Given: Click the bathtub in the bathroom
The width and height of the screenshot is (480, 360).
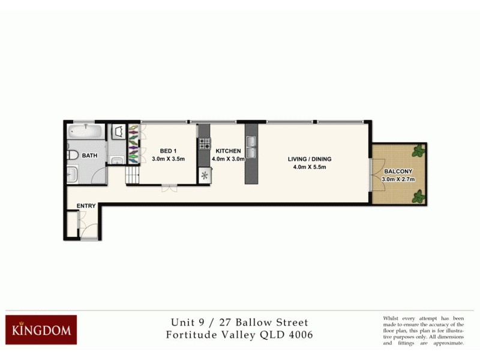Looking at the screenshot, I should (x=86, y=132).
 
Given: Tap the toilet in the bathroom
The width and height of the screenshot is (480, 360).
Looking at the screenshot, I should (x=72, y=155).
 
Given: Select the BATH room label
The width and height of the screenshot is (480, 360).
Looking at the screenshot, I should (x=90, y=155).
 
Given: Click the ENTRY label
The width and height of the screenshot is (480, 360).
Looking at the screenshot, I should (x=86, y=206).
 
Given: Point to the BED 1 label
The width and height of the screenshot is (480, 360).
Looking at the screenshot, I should (x=167, y=151).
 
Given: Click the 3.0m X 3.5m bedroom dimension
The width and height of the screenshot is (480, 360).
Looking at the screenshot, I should (x=167, y=159).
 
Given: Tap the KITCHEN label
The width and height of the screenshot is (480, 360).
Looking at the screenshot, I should (x=228, y=151).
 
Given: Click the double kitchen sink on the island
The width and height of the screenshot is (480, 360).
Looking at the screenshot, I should (x=250, y=147).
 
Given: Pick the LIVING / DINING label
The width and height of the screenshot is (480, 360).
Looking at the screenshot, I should (x=310, y=159).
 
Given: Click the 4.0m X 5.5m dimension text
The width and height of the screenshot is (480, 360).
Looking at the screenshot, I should (x=310, y=167).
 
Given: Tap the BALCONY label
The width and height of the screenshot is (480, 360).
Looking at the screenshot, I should (x=398, y=170).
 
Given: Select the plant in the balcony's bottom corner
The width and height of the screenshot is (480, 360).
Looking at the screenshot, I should (x=418, y=196).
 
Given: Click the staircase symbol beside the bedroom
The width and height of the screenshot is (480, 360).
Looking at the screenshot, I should (x=132, y=176).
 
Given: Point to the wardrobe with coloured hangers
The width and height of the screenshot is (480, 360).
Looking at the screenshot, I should (x=133, y=144).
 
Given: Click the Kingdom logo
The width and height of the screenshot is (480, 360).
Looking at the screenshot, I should (x=41, y=329).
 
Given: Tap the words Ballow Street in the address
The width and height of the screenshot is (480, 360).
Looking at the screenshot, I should (x=276, y=322).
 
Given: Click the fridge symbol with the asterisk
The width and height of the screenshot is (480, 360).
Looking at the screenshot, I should (x=204, y=176).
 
